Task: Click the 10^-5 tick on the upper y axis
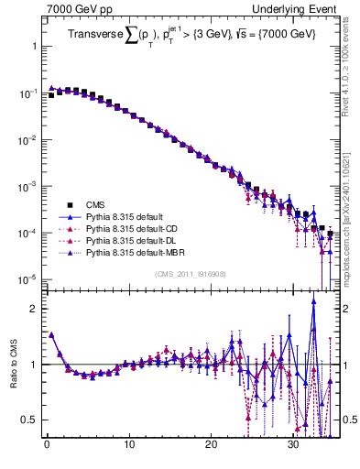point(26,278)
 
